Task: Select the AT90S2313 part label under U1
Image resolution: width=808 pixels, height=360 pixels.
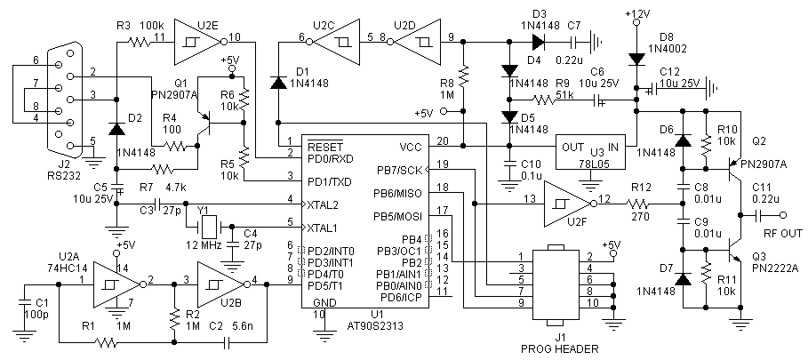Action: (376, 326)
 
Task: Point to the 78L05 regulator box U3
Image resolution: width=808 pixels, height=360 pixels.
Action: (590, 152)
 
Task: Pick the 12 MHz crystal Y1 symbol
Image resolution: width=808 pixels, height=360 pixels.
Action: (210, 226)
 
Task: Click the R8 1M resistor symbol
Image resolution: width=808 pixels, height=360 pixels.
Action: (464, 76)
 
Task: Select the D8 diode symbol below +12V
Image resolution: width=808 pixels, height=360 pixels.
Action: (637, 60)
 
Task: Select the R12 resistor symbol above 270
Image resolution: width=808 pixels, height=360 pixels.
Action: (640, 204)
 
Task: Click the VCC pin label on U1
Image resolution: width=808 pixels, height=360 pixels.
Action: (412, 148)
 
